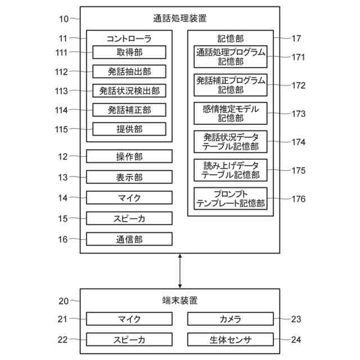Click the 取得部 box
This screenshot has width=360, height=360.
[129, 52]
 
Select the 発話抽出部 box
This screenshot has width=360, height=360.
[129, 71]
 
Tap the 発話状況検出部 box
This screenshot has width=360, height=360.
[129, 91]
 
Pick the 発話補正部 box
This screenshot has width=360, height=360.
[129, 110]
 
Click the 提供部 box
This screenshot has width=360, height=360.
[129, 129]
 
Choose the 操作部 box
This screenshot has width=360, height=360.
[129, 156]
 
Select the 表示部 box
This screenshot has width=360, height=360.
[129, 177]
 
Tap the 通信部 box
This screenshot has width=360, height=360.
[129, 239]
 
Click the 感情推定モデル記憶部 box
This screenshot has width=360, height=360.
[231, 113]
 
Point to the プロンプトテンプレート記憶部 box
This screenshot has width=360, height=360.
[231, 199]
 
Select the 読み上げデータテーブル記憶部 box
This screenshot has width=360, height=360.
[231, 170]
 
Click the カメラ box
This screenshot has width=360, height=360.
[231, 319]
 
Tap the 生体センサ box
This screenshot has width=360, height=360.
[231, 339]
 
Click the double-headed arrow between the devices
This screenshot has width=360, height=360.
[180, 271]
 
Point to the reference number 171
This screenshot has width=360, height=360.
[298, 57]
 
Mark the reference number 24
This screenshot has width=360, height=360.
[296, 340]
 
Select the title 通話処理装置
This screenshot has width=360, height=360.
[180, 18]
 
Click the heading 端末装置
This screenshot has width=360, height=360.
[180, 300]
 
